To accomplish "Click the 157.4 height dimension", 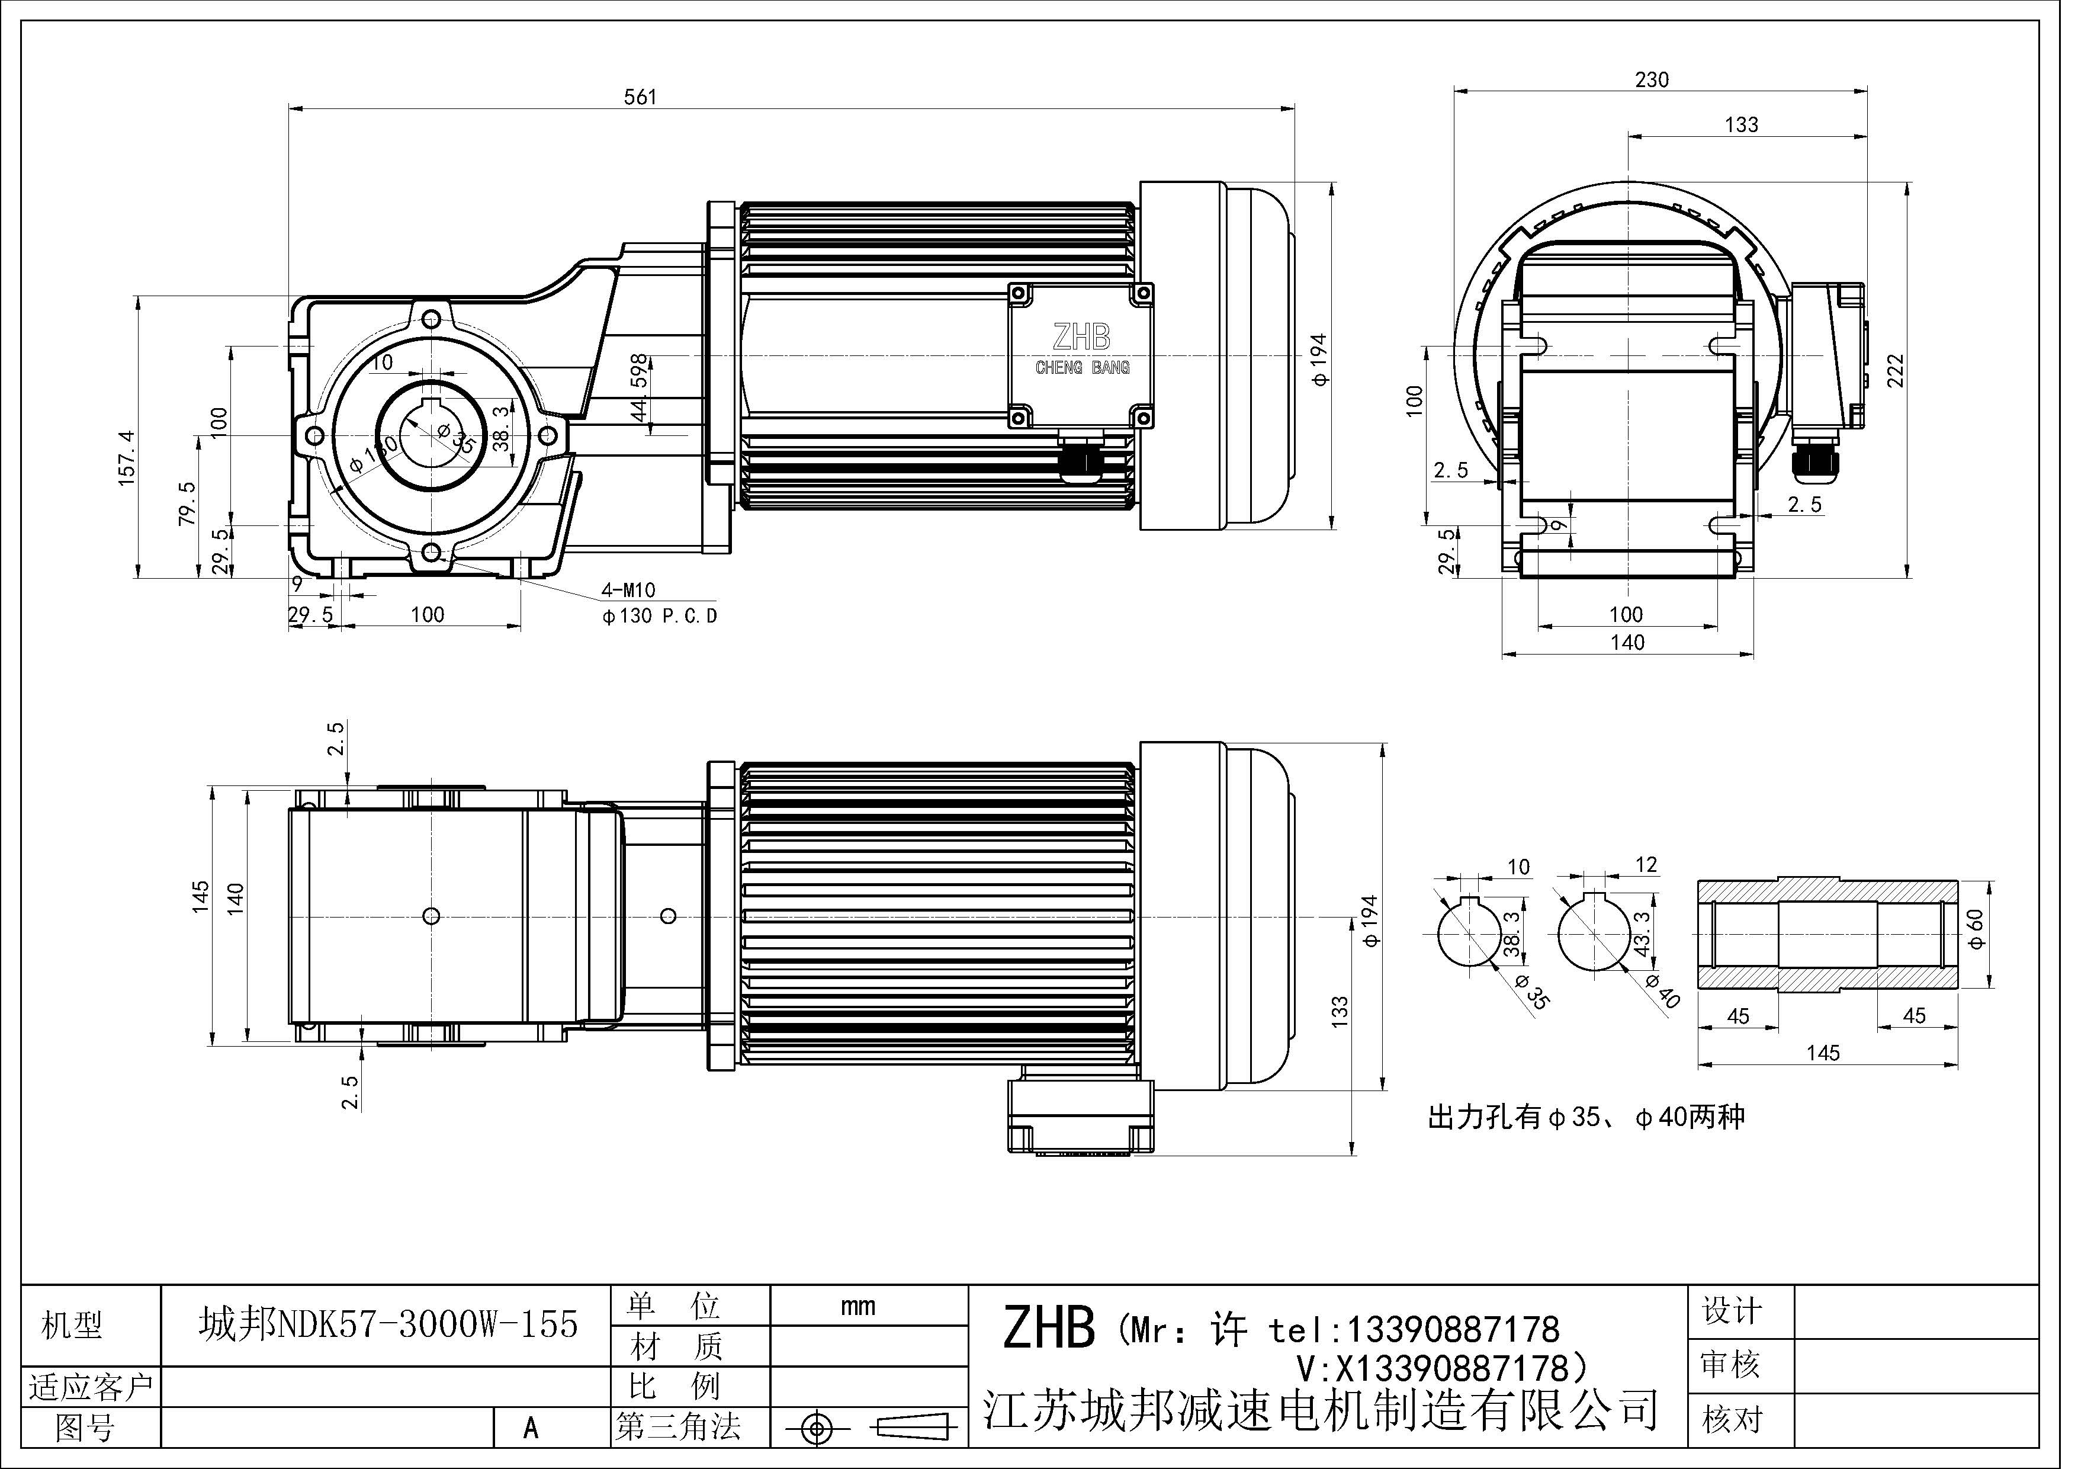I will (x=127, y=459).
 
